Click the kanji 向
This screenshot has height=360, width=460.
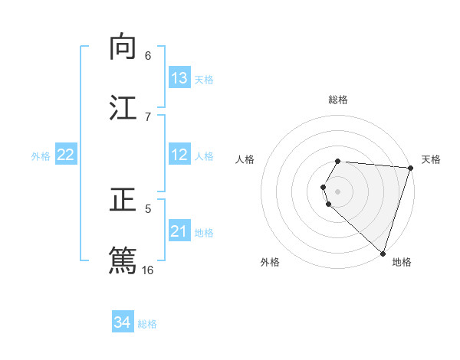pyautogui.click(x=123, y=47)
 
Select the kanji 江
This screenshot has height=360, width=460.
pyautogui.click(x=123, y=108)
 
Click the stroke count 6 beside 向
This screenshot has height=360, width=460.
pyautogui.click(x=148, y=55)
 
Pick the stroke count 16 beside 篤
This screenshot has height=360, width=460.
pyautogui.click(x=148, y=270)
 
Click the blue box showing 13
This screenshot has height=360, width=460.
pyautogui.click(x=179, y=78)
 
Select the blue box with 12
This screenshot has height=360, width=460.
pyautogui.click(x=179, y=155)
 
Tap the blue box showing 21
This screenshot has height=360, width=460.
pyautogui.click(x=179, y=231)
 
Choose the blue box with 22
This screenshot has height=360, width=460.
pyautogui.click(x=65, y=155)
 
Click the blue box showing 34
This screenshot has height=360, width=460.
pyautogui.click(x=122, y=322)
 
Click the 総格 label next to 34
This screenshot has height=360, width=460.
pyautogui.click(x=147, y=324)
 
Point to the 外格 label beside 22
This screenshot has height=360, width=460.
pyautogui.click(x=41, y=156)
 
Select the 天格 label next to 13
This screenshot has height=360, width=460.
pyautogui.click(x=204, y=80)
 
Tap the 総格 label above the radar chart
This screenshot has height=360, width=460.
pyautogui.click(x=338, y=100)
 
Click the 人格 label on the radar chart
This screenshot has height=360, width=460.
pyautogui.click(x=245, y=159)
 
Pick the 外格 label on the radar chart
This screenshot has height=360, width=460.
pyautogui.click(x=270, y=263)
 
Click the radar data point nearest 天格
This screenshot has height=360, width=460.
pyautogui.click(x=410, y=168)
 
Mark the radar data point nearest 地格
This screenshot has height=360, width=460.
pyautogui.click(x=383, y=253)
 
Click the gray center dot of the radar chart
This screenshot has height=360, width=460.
pyautogui.click(x=338, y=191)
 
